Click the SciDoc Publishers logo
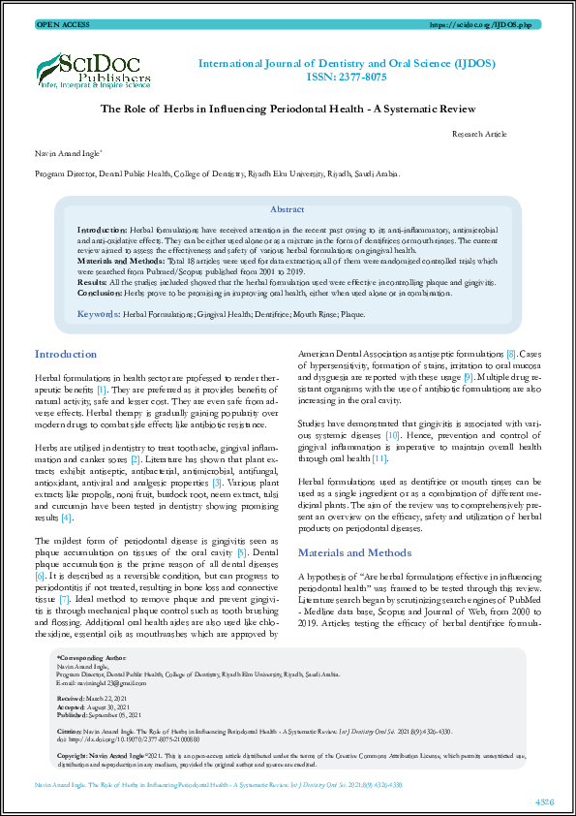[93, 68]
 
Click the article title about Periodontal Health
[288, 110]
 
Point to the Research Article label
[480, 136]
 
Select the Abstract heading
[287, 209]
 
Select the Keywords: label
[98, 315]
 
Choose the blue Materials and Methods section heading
[353, 552]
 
